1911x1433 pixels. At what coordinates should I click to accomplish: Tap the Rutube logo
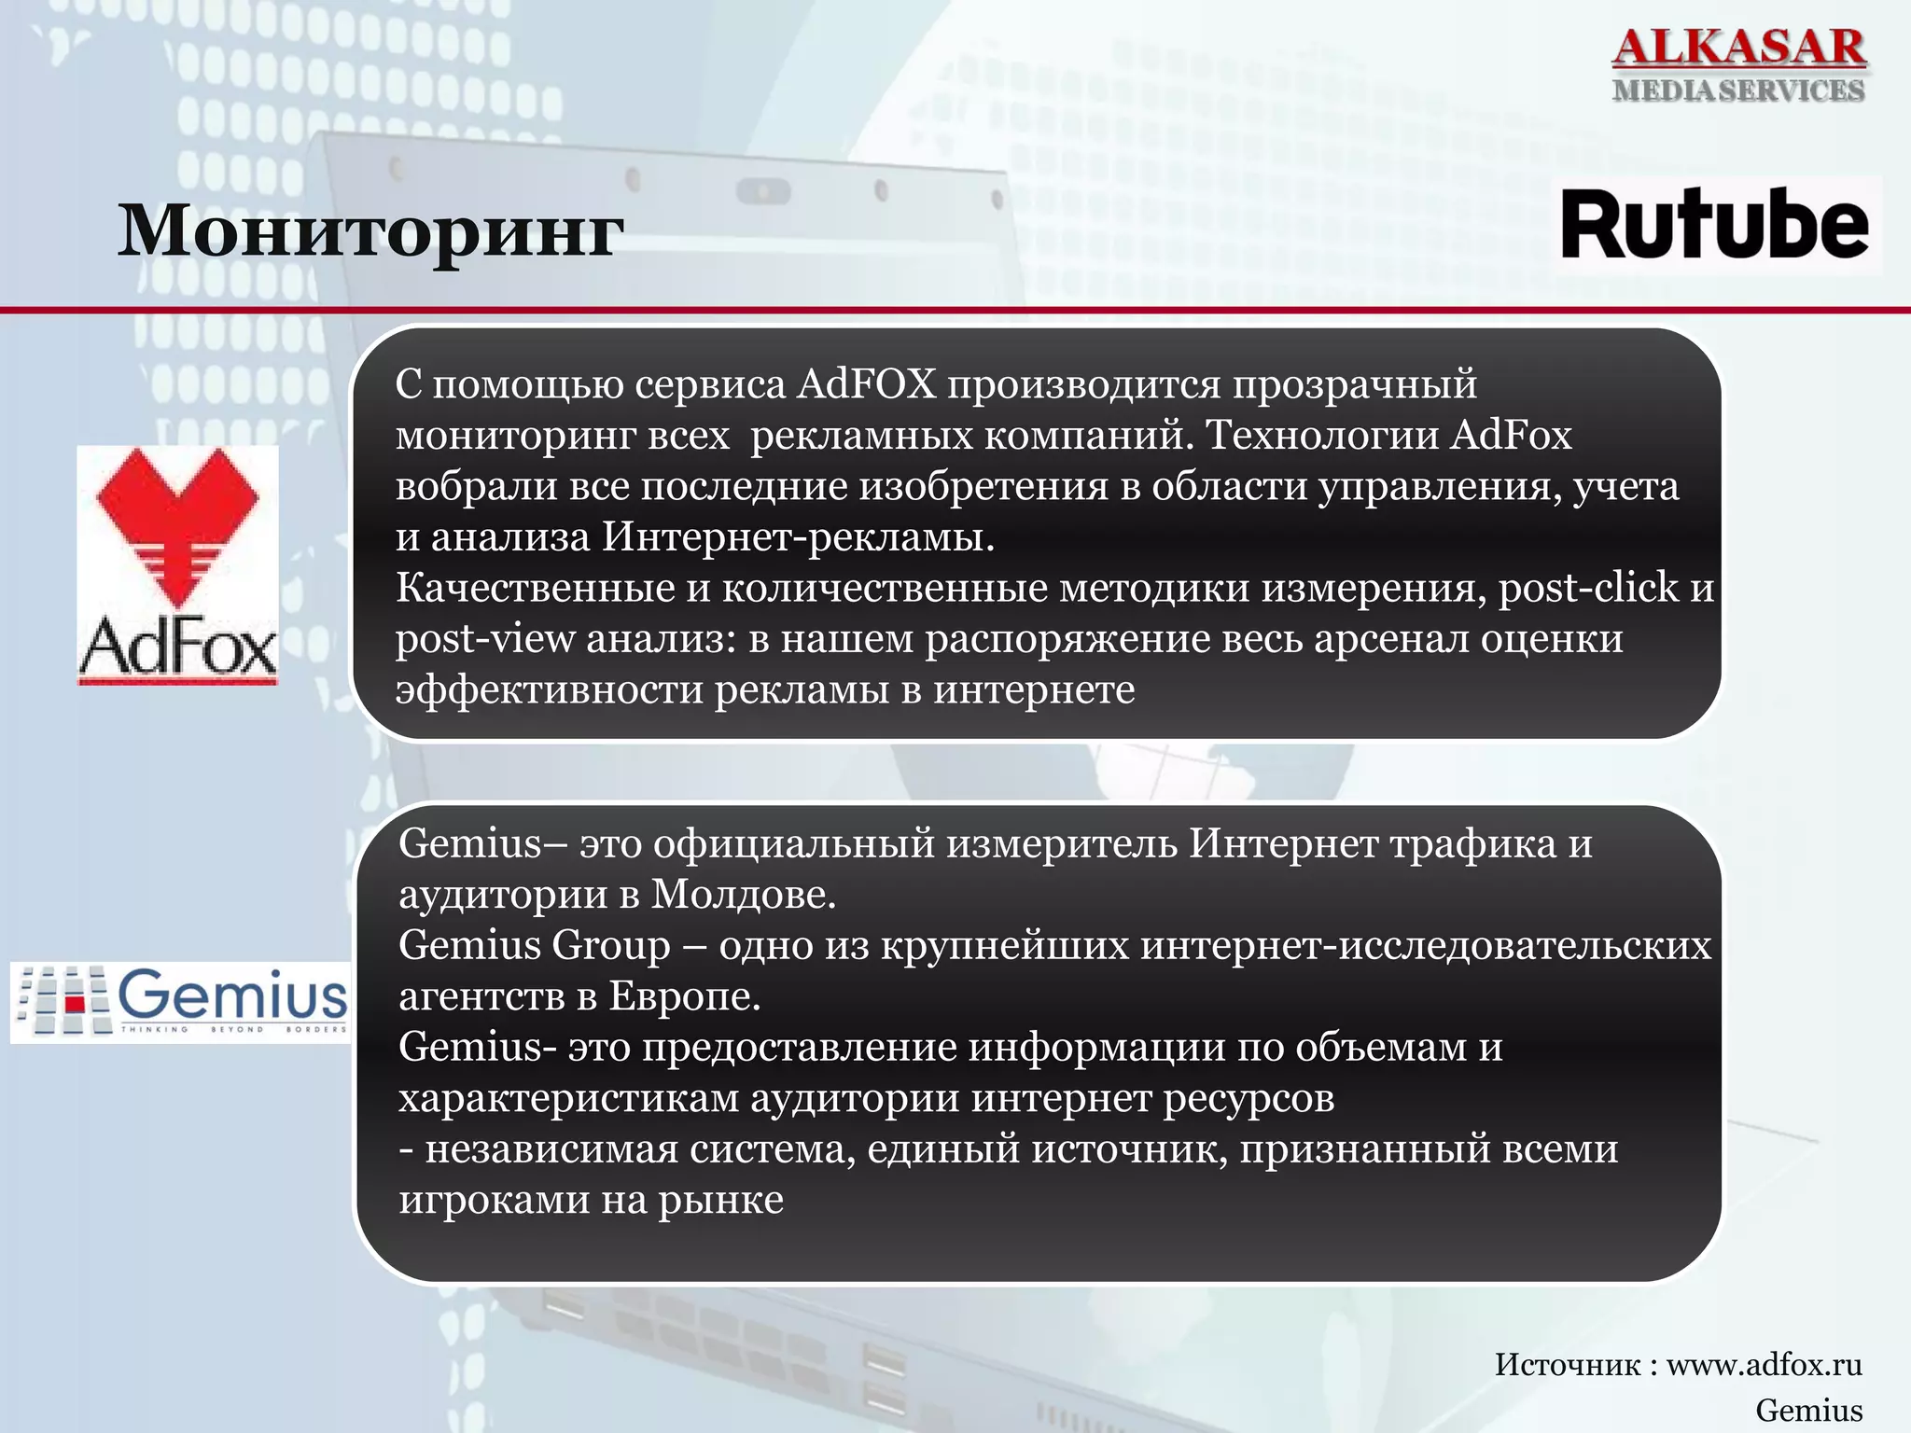[1715, 225]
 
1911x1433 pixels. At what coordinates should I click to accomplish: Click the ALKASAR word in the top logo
[1739, 48]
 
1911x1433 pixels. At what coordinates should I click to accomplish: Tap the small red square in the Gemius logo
[76, 1002]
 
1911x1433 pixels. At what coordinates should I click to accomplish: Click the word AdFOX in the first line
[866, 384]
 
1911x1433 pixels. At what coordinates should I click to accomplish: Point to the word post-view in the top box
[485, 639]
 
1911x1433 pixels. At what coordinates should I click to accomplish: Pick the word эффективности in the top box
[549, 690]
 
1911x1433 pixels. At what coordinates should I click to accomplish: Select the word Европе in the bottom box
[684, 997]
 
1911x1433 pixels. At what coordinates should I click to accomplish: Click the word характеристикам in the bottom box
[568, 1099]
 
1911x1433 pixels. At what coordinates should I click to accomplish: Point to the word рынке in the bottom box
[720, 1201]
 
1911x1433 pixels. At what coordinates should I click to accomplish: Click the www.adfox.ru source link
[1764, 1365]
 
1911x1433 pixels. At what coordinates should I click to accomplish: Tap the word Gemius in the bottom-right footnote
[1808, 1410]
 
